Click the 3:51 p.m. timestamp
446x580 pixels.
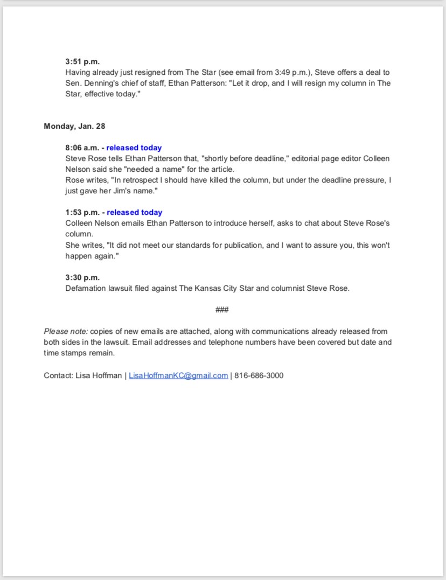tap(82, 61)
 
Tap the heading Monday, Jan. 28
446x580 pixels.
tap(74, 126)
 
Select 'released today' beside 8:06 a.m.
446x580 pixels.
tap(134, 148)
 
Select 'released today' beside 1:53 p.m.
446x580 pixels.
tap(134, 212)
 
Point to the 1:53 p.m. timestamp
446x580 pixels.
tap(82, 212)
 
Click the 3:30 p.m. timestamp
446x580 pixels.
tap(82, 277)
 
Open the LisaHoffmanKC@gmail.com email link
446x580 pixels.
tap(178, 375)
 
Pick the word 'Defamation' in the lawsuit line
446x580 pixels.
tap(85, 288)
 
